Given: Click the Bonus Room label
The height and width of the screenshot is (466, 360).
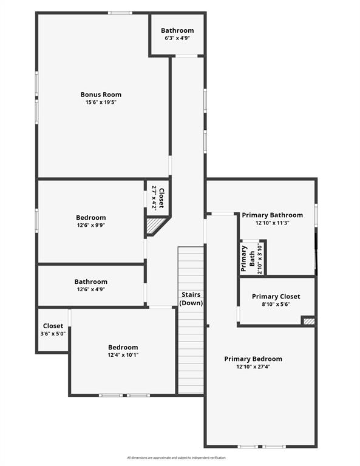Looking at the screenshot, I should pos(101,95).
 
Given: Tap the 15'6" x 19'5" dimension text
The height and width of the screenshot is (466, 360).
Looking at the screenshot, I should pos(101,103).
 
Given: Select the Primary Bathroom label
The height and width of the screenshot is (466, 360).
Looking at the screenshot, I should pos(272,215).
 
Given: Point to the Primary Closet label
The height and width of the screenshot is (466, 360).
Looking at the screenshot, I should pos(276,297).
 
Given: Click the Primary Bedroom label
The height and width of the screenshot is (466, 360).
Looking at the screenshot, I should pos(253,359).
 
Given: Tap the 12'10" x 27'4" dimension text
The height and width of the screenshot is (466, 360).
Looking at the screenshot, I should pos(253,366).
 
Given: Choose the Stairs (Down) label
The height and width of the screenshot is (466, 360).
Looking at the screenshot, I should pos(191,299).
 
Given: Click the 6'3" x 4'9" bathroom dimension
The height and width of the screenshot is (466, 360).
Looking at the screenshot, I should pos(177,38).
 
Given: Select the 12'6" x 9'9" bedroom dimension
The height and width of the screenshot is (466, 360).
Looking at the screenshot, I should pos(91,226).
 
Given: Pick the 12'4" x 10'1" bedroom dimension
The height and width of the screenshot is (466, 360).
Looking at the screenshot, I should pos(123,355).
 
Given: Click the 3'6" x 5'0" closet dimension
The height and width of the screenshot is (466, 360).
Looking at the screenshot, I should pos(53,334).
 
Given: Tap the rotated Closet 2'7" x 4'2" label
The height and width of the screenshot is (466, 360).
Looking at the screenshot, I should pos(158,197).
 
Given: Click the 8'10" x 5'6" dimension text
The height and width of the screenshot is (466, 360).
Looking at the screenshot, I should pos(276,305).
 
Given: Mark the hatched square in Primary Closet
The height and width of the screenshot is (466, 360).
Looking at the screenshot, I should pos(308,320).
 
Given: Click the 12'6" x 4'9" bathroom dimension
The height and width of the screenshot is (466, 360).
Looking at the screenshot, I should pos(91,289).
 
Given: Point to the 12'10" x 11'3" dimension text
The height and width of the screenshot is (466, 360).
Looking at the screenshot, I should pos(272,223).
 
